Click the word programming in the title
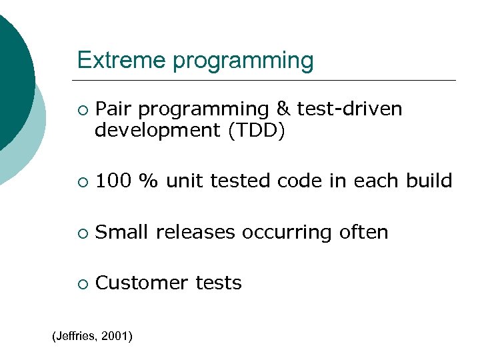pyautogui.click(x=243, y=61)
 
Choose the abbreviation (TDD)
pyautogui.click(x=256, y=131)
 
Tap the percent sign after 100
pyautogui.click(x=148, y=181)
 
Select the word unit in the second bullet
pyautogui.click(x=185, y=181)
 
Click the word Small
pyautogui.click(x=123, y=232)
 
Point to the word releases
pyautogui.click(x=196, y=232)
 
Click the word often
pyautogui.click(x=363, y=232)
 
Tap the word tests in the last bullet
pyautogui.click(x=219, y=283)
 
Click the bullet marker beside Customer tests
pyautogui.click(x=81, y=284)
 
